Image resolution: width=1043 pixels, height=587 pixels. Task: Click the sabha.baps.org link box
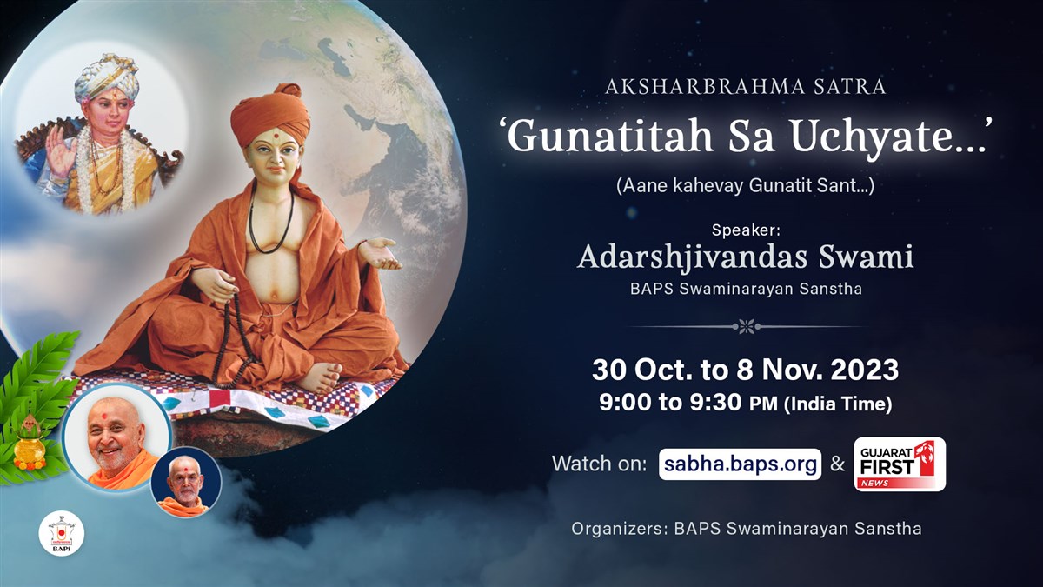[740, 464]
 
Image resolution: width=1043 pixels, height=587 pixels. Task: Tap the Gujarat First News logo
[900, 464]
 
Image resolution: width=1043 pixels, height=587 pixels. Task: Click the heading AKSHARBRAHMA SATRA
[746, 87]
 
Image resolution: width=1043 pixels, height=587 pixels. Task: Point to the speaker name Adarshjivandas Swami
[746, 257]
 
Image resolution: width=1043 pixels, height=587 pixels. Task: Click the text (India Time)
[838, 404]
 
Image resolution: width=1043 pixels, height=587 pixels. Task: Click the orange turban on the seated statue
[271, 115]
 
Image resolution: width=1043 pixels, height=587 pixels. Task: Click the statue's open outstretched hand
[380, 253]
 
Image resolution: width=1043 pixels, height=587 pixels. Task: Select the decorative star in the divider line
[747, 327]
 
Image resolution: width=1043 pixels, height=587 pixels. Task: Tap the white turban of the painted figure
[107, 77]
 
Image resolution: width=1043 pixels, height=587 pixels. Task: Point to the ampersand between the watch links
[837, 464]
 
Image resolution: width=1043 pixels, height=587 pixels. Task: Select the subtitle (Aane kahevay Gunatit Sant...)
[745, 186]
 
